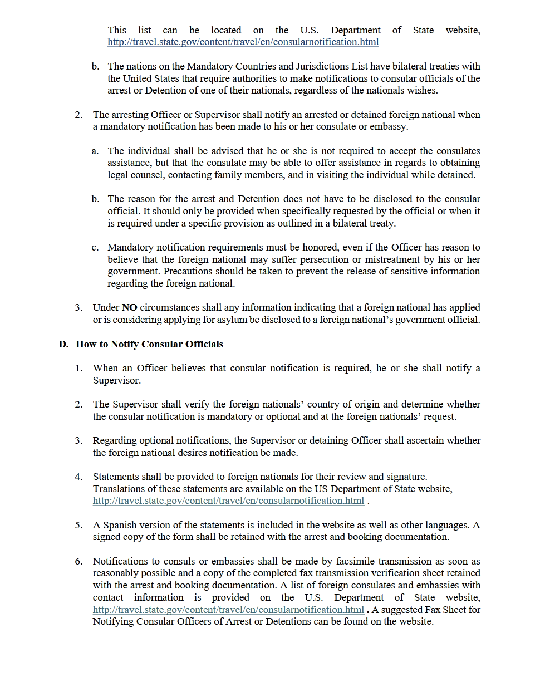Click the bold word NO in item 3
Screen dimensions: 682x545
129,307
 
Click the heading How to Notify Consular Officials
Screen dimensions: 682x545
149,344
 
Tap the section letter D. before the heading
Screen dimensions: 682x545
63,344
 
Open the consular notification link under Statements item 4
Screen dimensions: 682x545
228,501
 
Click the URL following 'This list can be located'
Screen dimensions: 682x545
243,42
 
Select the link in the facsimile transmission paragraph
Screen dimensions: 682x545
228,610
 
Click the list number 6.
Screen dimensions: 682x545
78,561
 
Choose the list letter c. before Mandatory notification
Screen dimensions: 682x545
95,247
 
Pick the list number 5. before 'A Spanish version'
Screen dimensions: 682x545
78,525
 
